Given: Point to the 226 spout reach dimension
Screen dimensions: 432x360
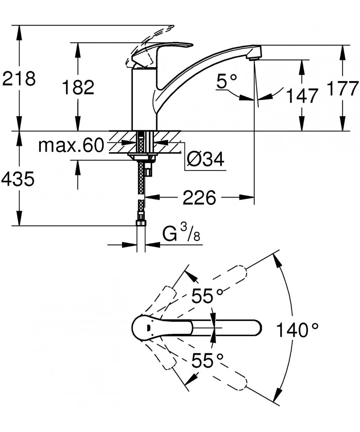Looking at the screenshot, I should point(199,197).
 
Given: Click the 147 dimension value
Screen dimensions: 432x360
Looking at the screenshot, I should point(301,95).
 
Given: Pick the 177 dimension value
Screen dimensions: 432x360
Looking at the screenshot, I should point(343,88).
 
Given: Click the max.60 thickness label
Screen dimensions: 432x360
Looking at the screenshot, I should point(71,145).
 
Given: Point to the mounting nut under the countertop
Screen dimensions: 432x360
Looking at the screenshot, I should point(142,157).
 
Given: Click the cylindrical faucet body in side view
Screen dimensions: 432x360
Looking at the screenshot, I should point(144,99).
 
